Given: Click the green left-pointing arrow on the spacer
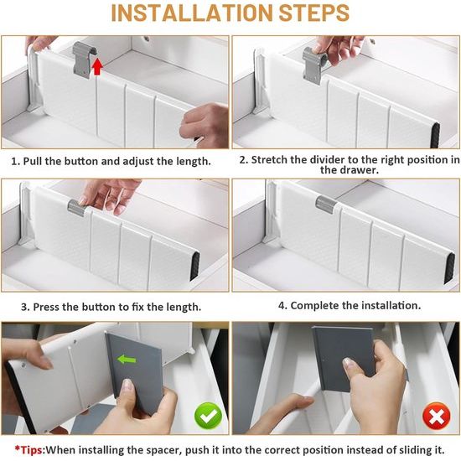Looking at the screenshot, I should pyautogui.click(x=127, y=360).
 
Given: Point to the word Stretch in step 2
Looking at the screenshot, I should pyautogui.click(x=277, y=159).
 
